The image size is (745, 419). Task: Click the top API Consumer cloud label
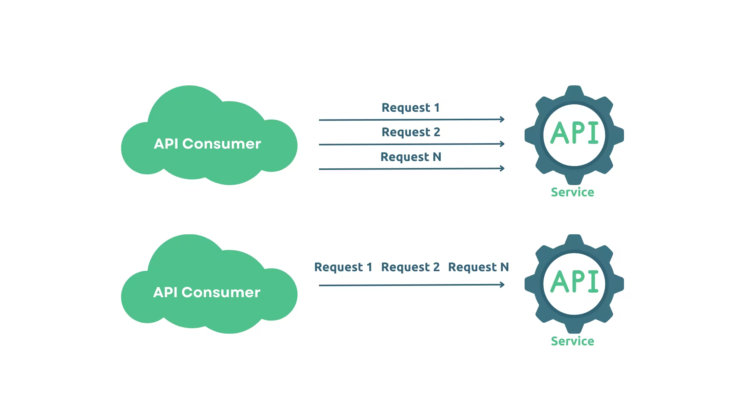[207, 144]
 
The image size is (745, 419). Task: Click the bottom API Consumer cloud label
[206, 293]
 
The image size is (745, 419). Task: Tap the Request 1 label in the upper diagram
[411, 107]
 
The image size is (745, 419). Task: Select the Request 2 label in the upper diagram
[411, 132]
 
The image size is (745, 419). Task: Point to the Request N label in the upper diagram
[411, 157]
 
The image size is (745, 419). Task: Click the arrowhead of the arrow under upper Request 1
[502, 119]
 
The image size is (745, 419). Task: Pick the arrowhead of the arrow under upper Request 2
[502, 144]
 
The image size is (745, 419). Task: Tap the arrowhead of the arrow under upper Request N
[502, 168]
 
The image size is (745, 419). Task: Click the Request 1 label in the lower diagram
[343, 267]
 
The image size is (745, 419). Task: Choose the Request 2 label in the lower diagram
[410, 267]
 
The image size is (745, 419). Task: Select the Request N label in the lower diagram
[478, 267]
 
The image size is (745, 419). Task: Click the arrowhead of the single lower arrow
[502, 285]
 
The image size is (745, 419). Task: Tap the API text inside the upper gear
[574, 133]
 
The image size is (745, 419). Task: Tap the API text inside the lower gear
[574, 282]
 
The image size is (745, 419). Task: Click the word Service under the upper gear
[572, 192]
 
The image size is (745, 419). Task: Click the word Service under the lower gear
[572, 341]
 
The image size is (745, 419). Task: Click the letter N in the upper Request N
[437, 157]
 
